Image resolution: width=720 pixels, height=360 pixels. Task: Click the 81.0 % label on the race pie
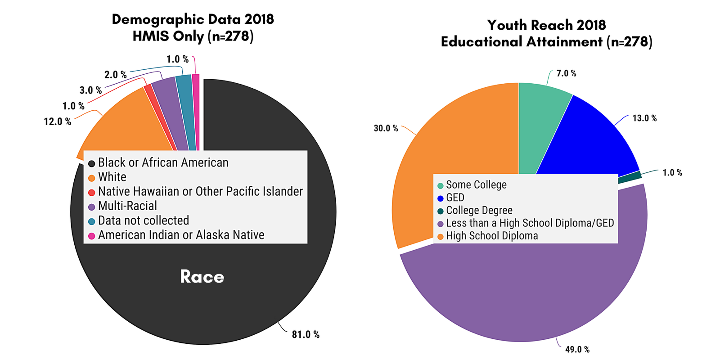coord(306,334)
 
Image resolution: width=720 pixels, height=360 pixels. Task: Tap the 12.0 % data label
coord(57,121)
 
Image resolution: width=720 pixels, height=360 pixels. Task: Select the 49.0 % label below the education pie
coord(577,349)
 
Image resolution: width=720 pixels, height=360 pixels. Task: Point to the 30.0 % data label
coord(386,128)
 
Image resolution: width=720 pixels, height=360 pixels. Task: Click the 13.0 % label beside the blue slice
coord(644,118)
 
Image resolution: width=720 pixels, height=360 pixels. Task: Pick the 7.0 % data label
coord(566,73)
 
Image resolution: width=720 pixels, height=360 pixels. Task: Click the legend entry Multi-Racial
coord(127,206)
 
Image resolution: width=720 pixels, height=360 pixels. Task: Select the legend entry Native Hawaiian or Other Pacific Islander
coord(200,192)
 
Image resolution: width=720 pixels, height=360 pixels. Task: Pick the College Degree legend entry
coord(479,211)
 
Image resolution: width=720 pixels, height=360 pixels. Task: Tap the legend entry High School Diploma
coord(491,236)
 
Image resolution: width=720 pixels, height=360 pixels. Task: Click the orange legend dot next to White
coord(91,178)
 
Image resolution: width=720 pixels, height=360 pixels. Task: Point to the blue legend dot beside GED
coord(440,198)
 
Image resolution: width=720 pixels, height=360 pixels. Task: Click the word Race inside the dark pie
coord(202,277)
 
